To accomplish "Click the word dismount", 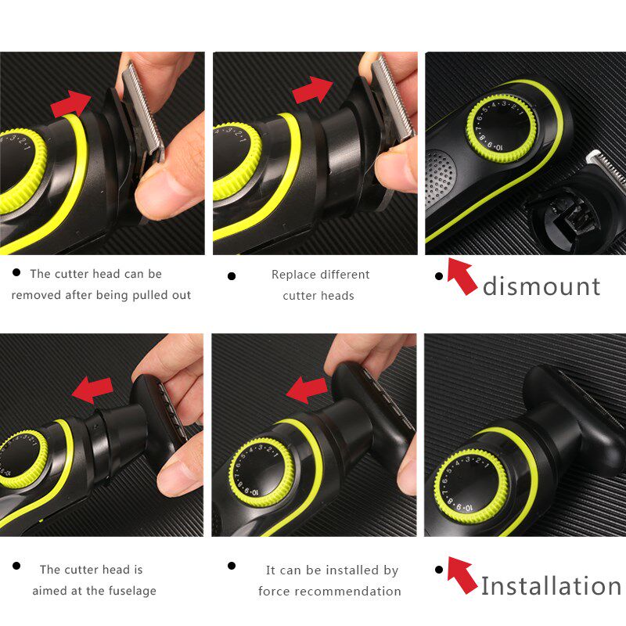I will point(541,286).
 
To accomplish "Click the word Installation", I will point(551,585).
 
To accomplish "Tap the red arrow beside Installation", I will point(462,575).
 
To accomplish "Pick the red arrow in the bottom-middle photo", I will point(306,388).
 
